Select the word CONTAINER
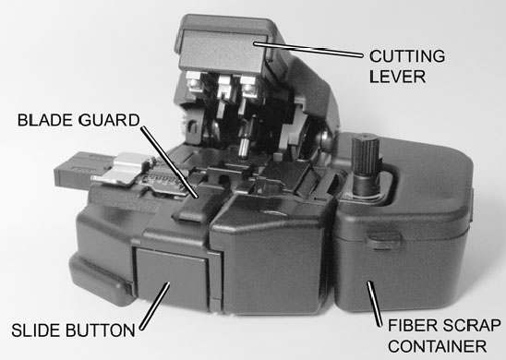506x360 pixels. click(435, 346)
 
